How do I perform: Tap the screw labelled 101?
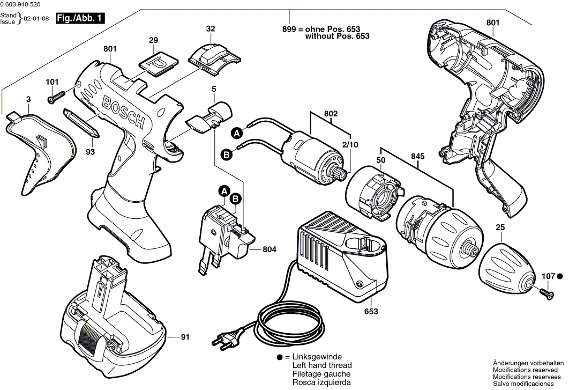57,98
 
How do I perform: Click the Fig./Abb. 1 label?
80,19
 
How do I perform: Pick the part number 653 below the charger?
371,311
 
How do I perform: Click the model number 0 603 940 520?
24,5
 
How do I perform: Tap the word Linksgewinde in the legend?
317,357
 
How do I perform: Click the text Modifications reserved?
528,370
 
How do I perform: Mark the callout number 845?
417,156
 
